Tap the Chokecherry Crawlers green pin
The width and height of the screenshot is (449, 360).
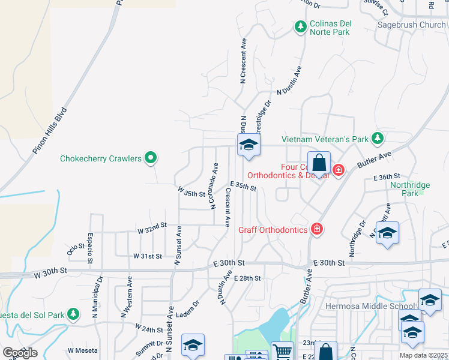(x=151, y=158)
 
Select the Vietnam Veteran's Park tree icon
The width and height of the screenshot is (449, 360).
(x=377, y=139)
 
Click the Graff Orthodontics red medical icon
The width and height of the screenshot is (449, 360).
(x=316, y=229)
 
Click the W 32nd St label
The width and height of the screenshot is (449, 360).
(x=151, y=230)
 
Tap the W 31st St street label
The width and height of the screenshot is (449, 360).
(x=148, y=256)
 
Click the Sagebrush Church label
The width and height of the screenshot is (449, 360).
(x=411, y=25)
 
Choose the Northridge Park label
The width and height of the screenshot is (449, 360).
(x=411, y=189)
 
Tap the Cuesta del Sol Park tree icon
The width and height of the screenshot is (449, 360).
(x=73, y=314)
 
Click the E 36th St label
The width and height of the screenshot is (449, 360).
(x=386, y=178)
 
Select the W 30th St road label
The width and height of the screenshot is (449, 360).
(x=49, y=273)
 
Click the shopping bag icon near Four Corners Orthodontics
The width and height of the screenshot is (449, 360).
(x=319, y=161)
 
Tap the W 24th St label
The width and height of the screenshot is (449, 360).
(x=149, y=329)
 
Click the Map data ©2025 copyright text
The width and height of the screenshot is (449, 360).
(x=423, y=355)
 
